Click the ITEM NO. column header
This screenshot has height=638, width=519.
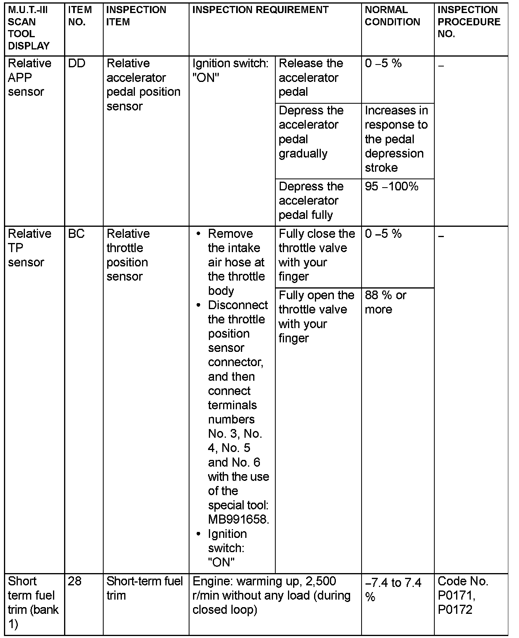click(80, 16)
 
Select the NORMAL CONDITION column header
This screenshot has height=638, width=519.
click(392, 16)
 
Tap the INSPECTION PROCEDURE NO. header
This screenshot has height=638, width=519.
click(469, 22)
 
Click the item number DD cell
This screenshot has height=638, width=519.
click(77, 64)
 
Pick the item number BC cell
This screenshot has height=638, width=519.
click(76, 234)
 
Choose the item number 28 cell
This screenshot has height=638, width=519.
click(74, 581)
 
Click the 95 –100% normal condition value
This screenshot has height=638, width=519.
click(391, 186)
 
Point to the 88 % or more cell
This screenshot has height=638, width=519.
click(385, 302)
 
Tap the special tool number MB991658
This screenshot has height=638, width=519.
click(238, 520)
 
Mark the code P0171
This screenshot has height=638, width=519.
click(456, 596)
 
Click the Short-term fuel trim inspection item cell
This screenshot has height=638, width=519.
click(144, 588)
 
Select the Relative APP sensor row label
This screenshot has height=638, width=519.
click(29, 78)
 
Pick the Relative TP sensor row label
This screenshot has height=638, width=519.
click(29, 248)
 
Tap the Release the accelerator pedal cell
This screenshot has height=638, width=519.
click(311, 78)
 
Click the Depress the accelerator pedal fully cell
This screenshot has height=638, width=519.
click(311, 201)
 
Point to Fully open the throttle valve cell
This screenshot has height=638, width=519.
click(316, 317)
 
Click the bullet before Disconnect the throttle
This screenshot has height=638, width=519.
click(199, 306)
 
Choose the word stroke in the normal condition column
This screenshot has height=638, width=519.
click(381, 168)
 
